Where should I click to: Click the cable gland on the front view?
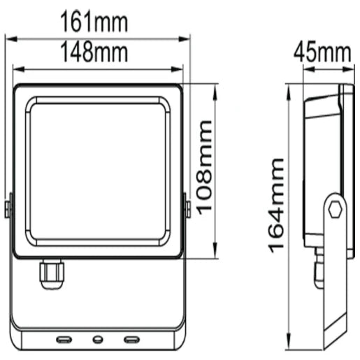(x=52, y=273)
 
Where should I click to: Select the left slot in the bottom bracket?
(x=64, y=339)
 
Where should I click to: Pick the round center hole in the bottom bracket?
(x=97, y=340)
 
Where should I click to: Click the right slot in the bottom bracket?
(x=131, y=339)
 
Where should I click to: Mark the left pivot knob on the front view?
(x=8, y=208)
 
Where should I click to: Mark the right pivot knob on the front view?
(x=187, y=208)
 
